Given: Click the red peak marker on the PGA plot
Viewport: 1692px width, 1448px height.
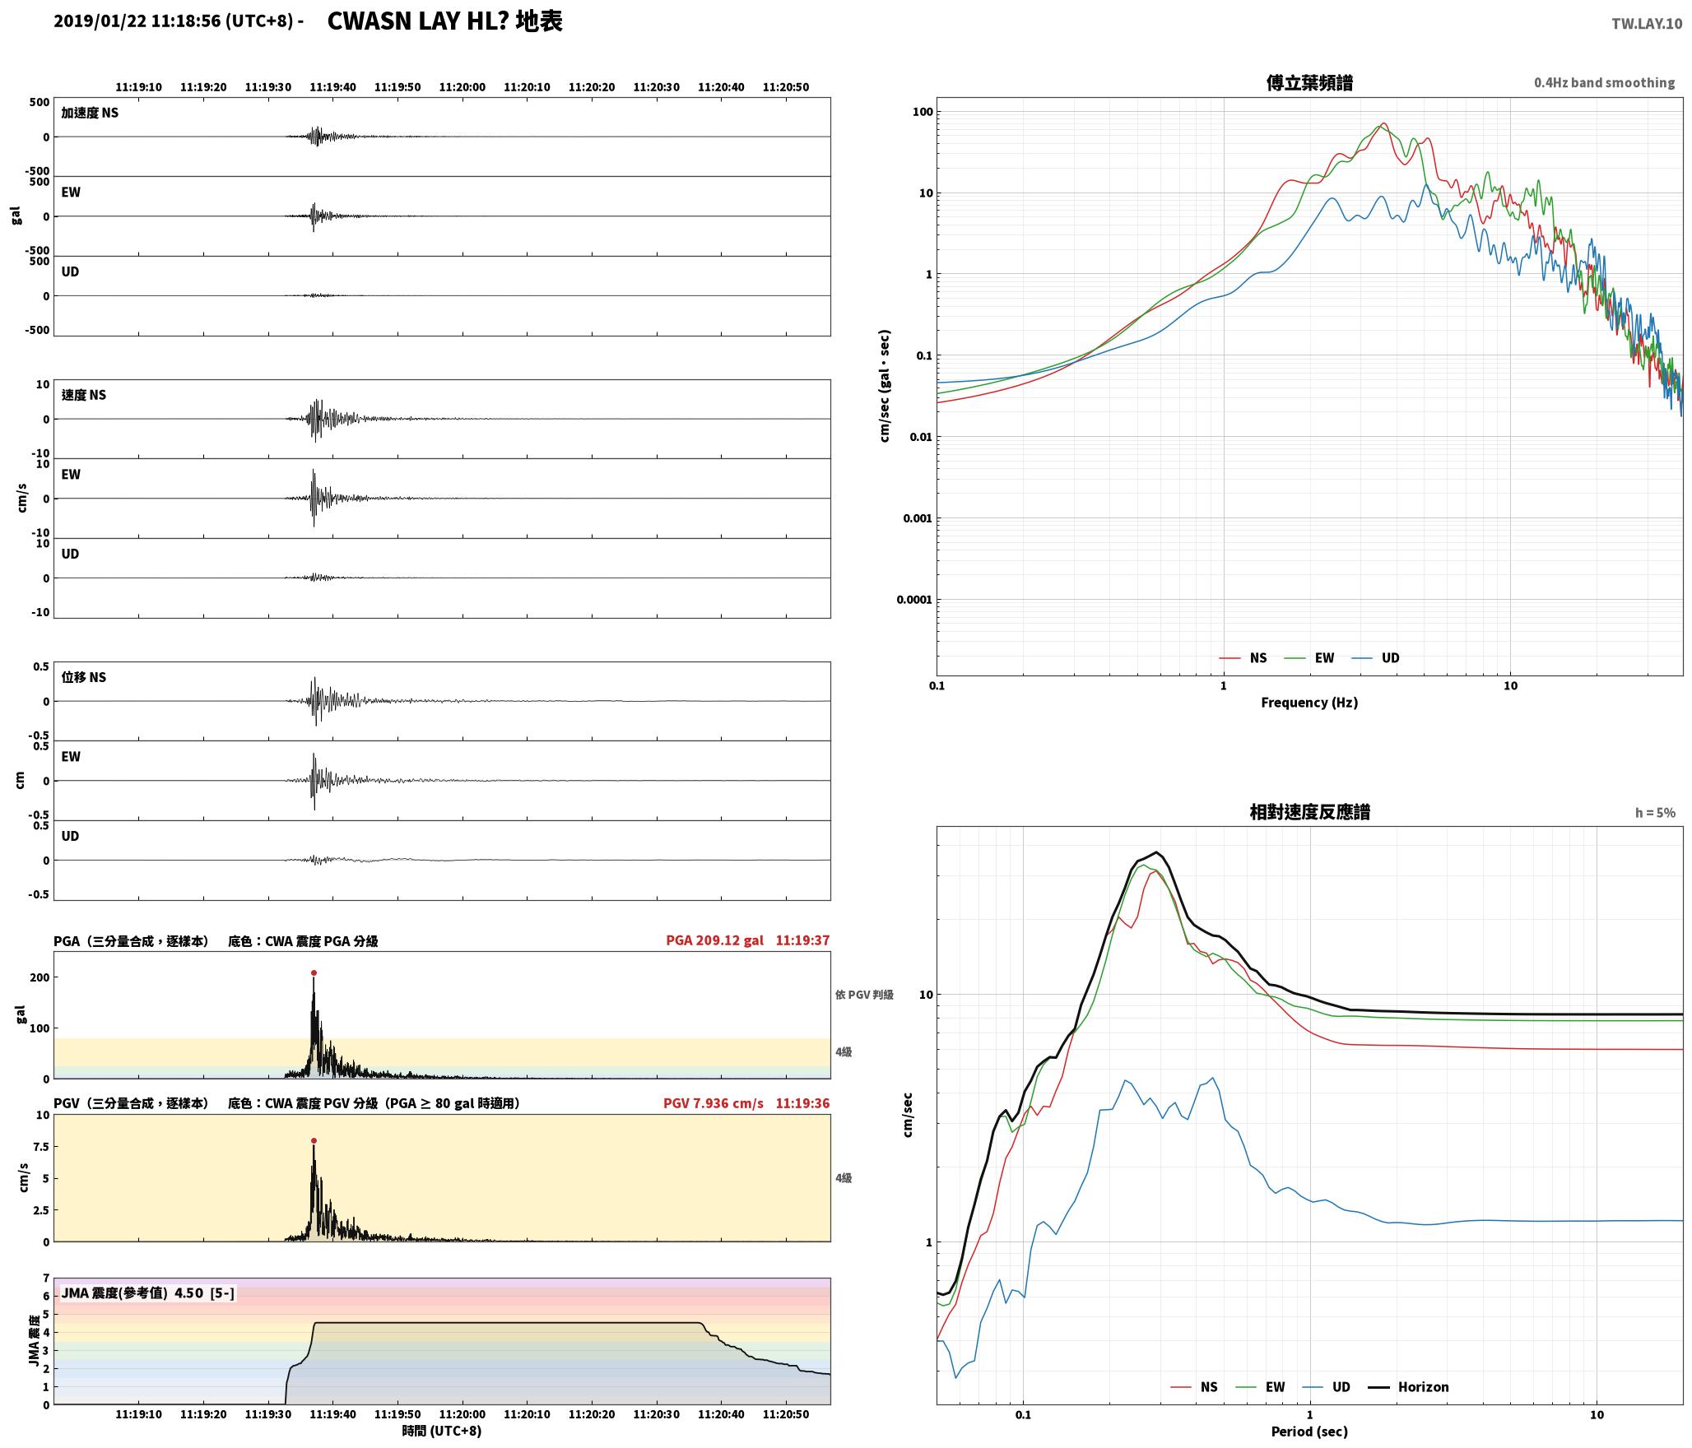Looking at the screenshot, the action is [x=314, y=972].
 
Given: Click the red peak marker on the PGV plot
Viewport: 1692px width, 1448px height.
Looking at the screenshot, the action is [x=314, y=1141].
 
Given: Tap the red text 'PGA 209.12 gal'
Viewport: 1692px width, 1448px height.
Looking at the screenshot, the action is [x=714, y=940].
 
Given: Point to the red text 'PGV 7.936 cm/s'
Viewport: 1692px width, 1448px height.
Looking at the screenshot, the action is [x=713, y=1103].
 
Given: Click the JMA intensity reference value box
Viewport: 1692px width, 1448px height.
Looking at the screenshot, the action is [x=147, y=1293].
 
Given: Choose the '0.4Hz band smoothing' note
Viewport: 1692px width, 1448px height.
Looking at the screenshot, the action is [x=1604, y=83].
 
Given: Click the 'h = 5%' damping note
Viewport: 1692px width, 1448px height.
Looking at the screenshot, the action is [x=1655, y=813].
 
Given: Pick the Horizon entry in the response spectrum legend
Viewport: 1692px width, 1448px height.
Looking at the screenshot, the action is [x=1408, y=1387].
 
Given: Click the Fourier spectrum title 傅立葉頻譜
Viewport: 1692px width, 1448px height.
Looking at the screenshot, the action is [x=1309, y=83].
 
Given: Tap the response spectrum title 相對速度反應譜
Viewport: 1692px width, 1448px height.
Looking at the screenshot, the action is [x=1309, y=812].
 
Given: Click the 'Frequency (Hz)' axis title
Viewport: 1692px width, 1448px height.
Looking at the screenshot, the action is [x=1309, y=703].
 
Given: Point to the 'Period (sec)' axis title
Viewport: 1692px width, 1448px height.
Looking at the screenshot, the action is [x=1309, y=1432].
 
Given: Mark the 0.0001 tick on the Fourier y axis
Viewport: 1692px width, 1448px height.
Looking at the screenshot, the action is [x=914, y=600].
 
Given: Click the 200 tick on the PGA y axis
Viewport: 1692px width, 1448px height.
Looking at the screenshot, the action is [x=40, y=977].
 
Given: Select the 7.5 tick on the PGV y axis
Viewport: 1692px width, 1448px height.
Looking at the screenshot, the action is [x=40, y=1147].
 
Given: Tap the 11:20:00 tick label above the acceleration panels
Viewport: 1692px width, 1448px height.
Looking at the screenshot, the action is [x=463, y=87].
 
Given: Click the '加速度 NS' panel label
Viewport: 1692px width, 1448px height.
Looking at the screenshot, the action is [x=90, y=113].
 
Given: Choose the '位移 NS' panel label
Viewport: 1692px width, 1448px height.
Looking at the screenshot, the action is [x=84, y=678].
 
